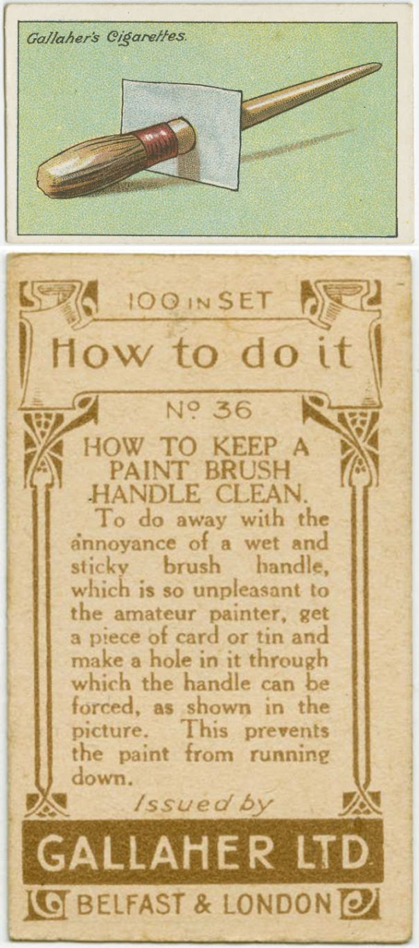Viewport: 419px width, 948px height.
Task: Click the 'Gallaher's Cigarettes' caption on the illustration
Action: coord(106,37)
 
